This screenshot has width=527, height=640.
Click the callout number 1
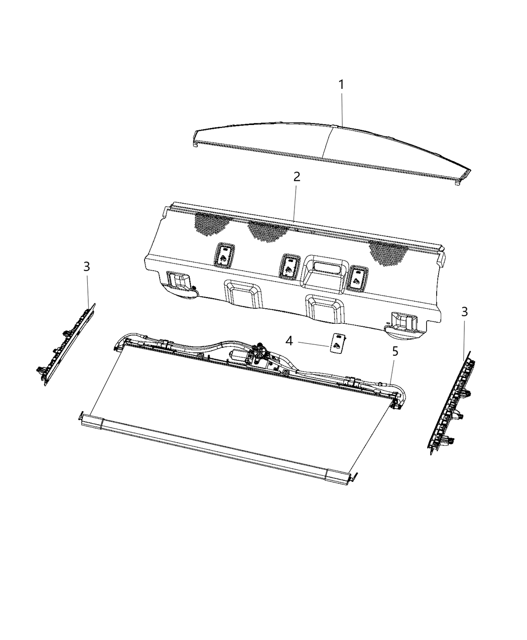point(341,85)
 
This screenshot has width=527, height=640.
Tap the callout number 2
point(297,177)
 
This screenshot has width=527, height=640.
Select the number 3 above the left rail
point(87,267)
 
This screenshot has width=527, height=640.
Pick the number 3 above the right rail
point(464,312)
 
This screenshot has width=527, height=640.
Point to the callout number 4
point(289,341)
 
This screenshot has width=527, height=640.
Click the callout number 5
point(395,351)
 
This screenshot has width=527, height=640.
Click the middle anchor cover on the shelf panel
point(289,265)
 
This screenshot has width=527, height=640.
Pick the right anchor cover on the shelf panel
point(357,277)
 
